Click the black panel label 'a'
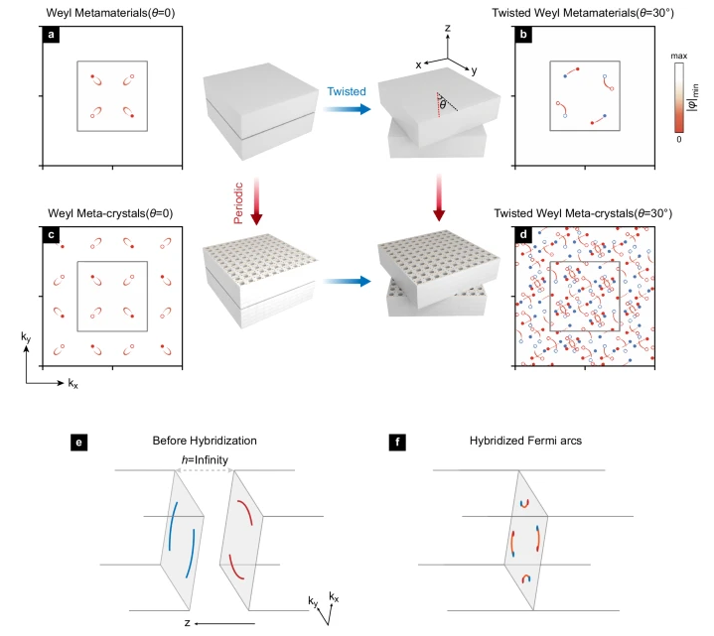coord(51,35)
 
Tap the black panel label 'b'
coord(523,35)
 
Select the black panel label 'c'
coord(51,235)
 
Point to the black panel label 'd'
coord(523,235)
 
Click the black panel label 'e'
coord(78,443)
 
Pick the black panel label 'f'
coord(397,443)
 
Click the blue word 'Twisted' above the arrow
coord(347,91)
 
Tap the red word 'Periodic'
coord(238,202)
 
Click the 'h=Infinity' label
coord(205,460)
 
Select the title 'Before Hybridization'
coord(205,441)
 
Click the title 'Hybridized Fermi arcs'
coord(525,441)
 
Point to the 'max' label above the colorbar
coord(678,56)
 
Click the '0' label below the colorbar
coord(679,139)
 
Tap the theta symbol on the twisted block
coord(443,105)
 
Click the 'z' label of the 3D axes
coord(448,28)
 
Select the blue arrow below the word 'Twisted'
coord(347,109)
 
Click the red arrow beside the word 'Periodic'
coord(257,201)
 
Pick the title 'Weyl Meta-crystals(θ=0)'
coord(110,213)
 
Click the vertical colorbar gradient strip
coord(679,98)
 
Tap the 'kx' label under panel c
coord(72,383)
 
